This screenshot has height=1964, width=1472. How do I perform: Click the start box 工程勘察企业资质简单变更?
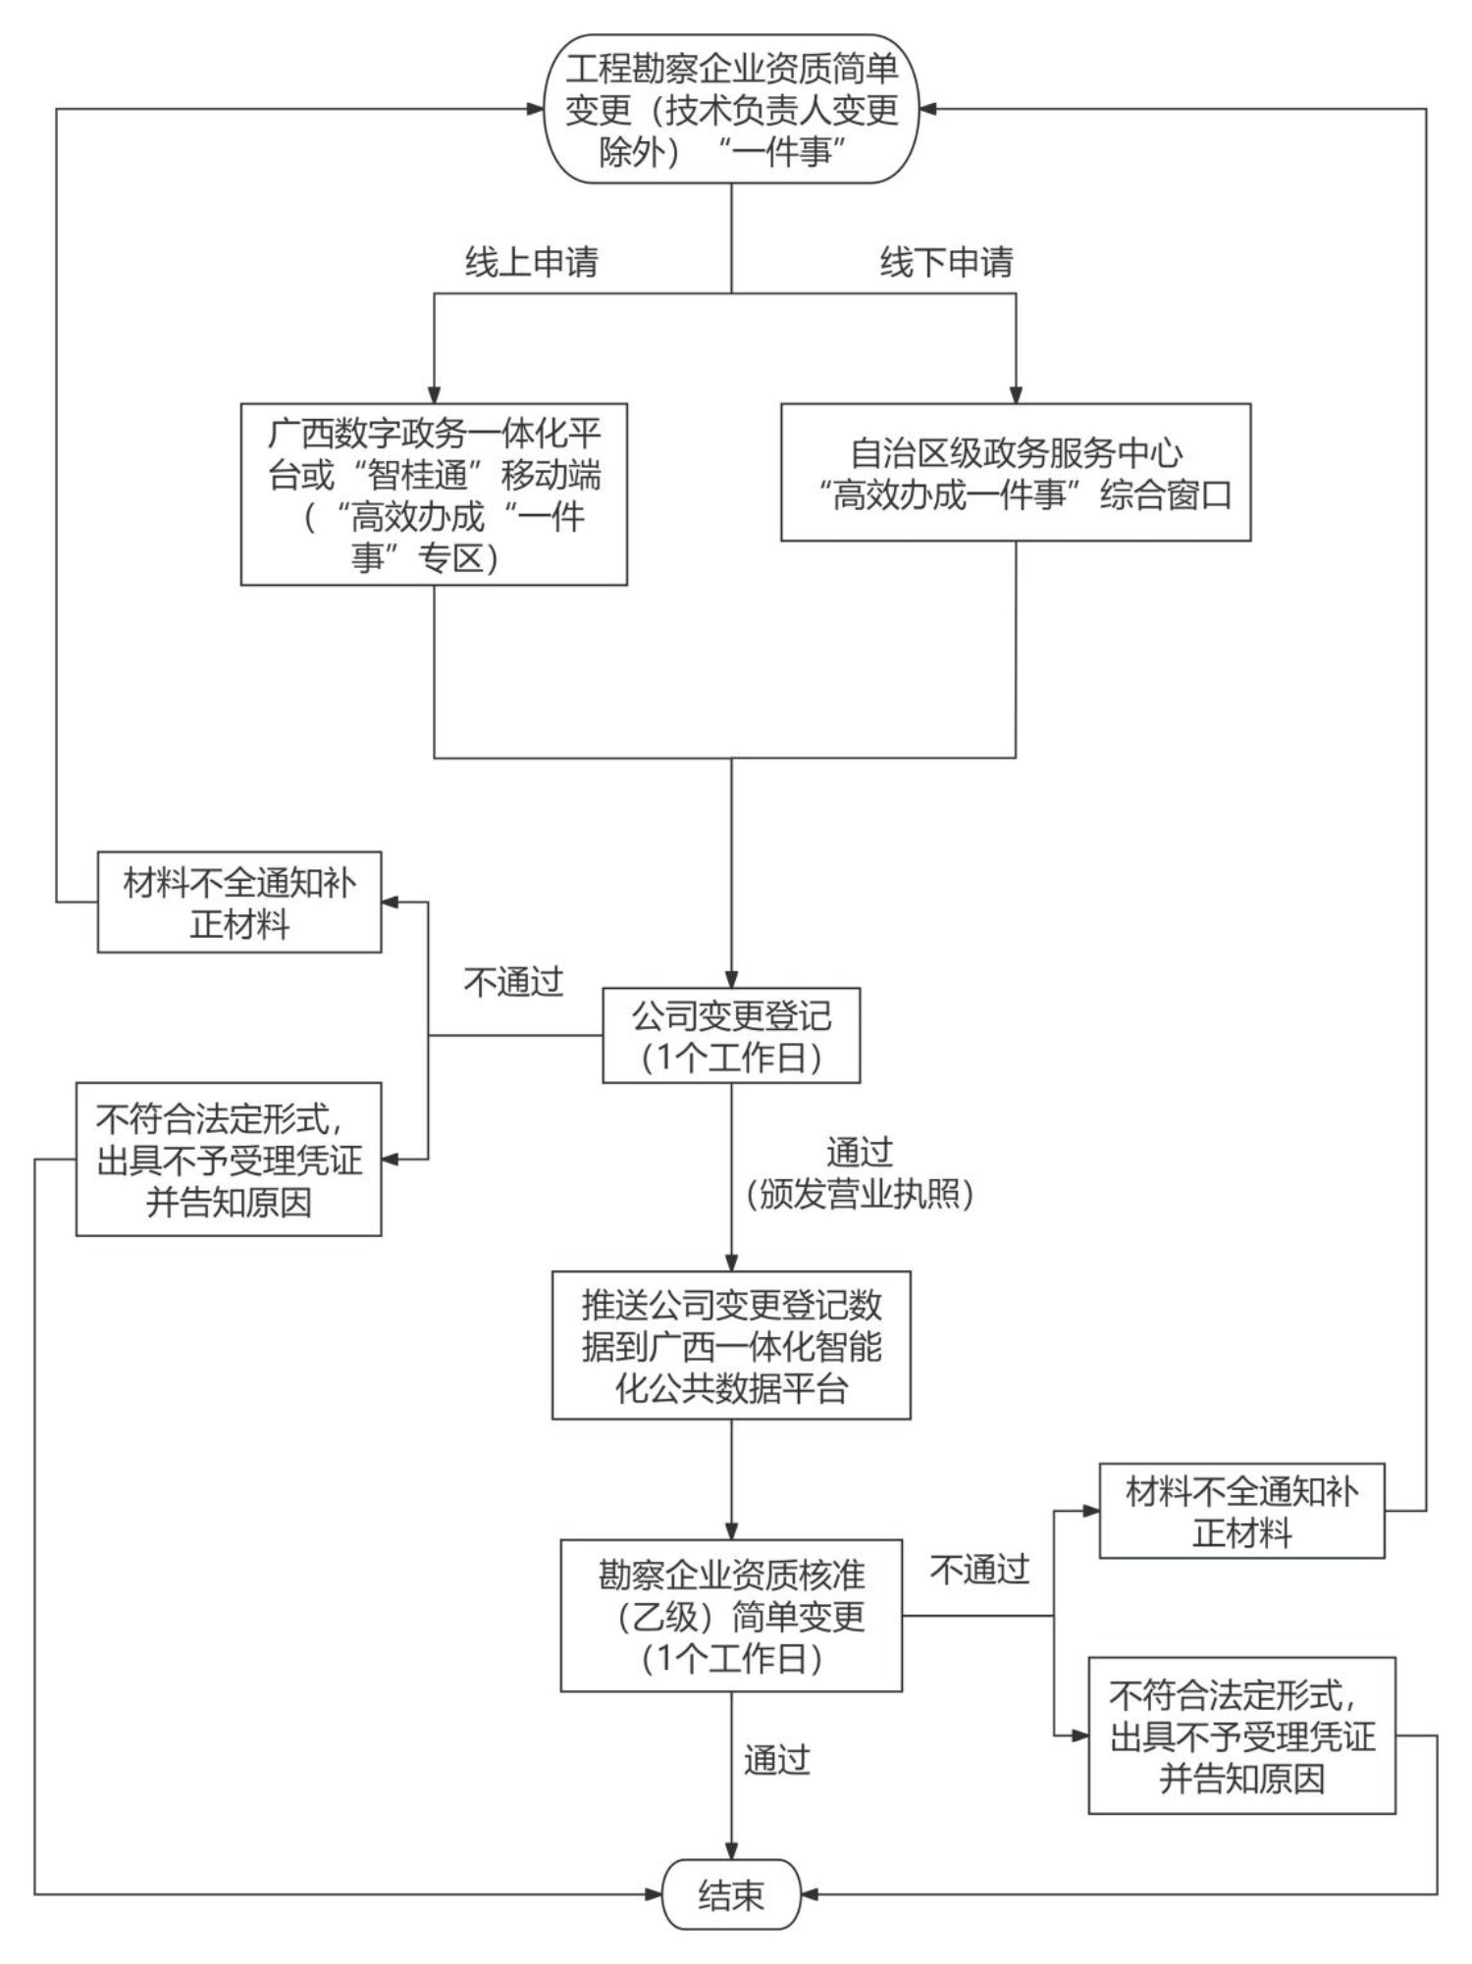click(x=731, y=109)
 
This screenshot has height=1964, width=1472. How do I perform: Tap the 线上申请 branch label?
click(x=531, y=262)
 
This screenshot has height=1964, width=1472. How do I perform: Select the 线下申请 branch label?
click(x=946, y=262)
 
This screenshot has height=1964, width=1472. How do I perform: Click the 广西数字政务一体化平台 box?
click(x=434, y=494)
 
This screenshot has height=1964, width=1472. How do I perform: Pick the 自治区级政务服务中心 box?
click(x=1016, y=472)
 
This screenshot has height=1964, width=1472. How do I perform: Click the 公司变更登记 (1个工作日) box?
click(x=731, y=1036)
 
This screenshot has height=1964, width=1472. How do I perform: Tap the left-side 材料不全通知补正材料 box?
click(x=239, y=903)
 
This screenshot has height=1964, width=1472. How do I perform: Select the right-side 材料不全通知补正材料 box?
click(x=1241, y=1512)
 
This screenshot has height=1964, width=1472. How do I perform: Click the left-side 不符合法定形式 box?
click(x=229, y=1160)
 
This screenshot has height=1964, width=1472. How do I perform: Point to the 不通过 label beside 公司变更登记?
click(x=513, y=982)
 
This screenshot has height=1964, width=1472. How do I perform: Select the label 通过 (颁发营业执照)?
click(x=859, y=1173)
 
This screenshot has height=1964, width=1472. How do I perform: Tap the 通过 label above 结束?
click(x=776, y=1761)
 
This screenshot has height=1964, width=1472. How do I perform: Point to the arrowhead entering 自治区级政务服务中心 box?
click(x=1016, y=394)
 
